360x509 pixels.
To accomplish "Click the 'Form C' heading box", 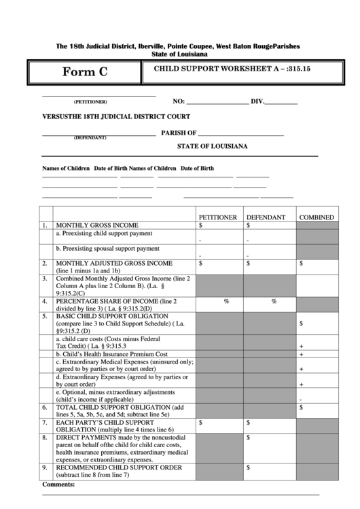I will point(84,72).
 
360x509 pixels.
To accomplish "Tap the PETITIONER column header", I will point(217,217).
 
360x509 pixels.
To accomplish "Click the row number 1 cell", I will point(45,225).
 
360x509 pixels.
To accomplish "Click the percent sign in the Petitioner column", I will point(226,301).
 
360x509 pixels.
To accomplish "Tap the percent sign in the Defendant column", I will point(274,301).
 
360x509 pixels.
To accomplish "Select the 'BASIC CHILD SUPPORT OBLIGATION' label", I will point(112,317).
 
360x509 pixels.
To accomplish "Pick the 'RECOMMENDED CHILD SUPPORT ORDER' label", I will point(118,468).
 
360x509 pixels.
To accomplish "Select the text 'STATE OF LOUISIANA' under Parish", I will point(212,146).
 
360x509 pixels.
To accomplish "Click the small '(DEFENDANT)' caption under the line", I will point(90,138).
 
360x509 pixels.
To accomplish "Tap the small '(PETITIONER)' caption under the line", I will point(90,102).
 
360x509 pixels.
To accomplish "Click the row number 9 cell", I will point(45,468).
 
